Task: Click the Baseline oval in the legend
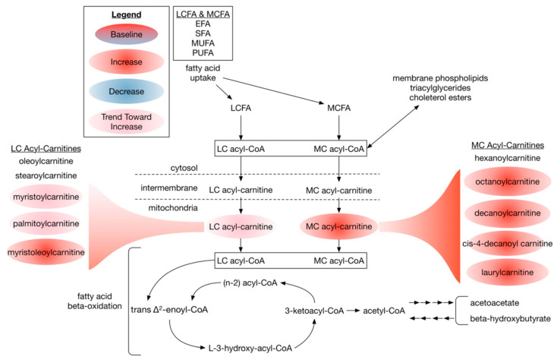point(126,34)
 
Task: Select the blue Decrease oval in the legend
point(126,91)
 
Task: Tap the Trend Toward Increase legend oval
point(126,122)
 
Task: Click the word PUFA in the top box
point(203,53)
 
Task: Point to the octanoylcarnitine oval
point(507,182)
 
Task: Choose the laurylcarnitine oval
point(507,273)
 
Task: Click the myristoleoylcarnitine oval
point(46,252)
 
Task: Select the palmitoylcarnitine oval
point(46,223)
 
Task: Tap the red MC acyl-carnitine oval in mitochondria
point(339,226)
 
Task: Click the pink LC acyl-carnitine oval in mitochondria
point(241,227)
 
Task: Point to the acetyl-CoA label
point(384,311)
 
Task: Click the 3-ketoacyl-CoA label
point(314,311)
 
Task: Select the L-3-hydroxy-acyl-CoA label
point(250,349)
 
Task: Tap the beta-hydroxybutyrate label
point(511,319)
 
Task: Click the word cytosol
point(184,168)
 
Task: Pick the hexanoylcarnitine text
point(507,158)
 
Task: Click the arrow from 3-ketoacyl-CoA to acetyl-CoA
point(353,311)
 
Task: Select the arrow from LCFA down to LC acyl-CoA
point(241,128)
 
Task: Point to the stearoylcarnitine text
point(46,175)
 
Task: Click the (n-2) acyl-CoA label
point(250,283)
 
